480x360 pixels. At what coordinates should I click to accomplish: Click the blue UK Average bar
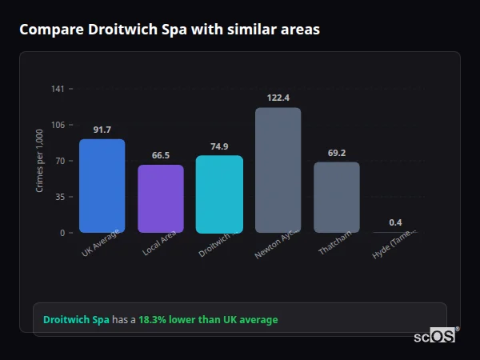point(102,186)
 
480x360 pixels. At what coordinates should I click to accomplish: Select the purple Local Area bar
point(160,198)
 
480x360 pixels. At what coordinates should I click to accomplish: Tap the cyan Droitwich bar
point(219,194)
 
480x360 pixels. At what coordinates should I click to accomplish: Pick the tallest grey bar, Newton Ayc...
point(278,170)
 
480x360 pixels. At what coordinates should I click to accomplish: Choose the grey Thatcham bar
point(336,197)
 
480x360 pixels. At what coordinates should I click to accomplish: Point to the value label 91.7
point(102,130)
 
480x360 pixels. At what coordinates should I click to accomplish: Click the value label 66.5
point(160,155)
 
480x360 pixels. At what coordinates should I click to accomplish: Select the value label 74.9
point(219,146)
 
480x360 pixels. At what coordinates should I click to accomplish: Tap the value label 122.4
point(278,98)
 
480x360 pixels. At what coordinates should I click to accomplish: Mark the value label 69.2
point(336,153)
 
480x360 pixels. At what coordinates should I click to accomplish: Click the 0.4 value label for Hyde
point(395,222)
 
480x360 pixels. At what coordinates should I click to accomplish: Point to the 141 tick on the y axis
point(58,89)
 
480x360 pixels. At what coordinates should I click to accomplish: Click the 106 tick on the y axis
point(58,125)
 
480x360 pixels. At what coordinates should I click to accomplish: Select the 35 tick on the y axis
point(59,197)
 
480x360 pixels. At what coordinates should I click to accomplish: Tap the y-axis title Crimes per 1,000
point(40,161)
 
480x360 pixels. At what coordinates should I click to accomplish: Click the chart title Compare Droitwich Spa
point(169,30)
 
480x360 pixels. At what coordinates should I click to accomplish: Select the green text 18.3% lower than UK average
point(208,320)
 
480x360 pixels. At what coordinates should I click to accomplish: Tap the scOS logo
point(434,336)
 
